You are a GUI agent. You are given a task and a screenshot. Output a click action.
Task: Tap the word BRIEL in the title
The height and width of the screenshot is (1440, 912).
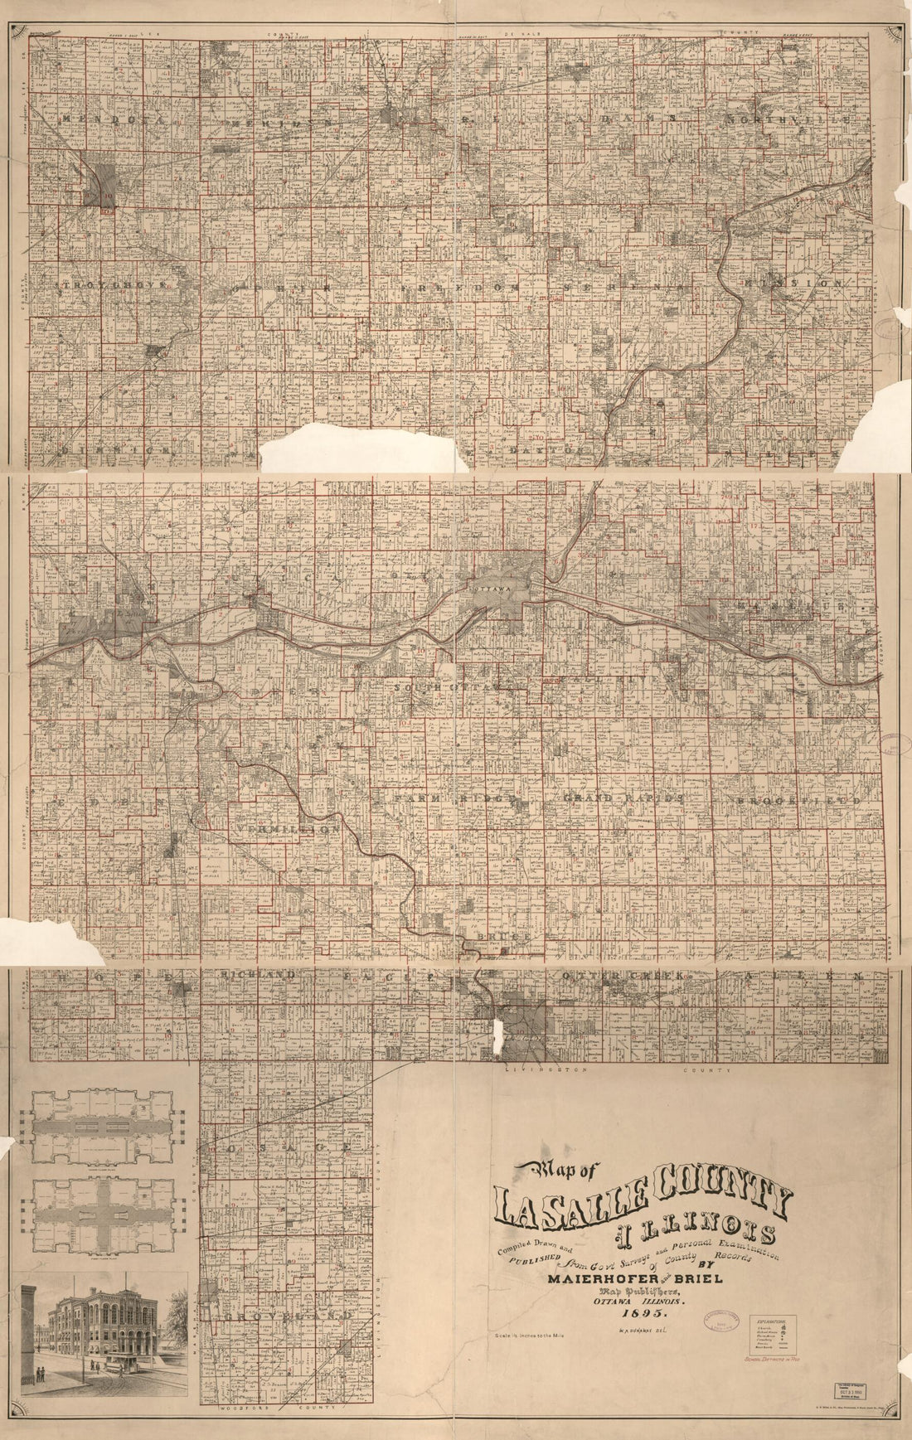coord(699,1278)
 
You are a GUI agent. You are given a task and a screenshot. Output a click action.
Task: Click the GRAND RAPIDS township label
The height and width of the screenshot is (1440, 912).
coord(624,798)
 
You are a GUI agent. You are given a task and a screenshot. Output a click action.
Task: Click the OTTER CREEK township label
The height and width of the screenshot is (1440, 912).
coord(623,977)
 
